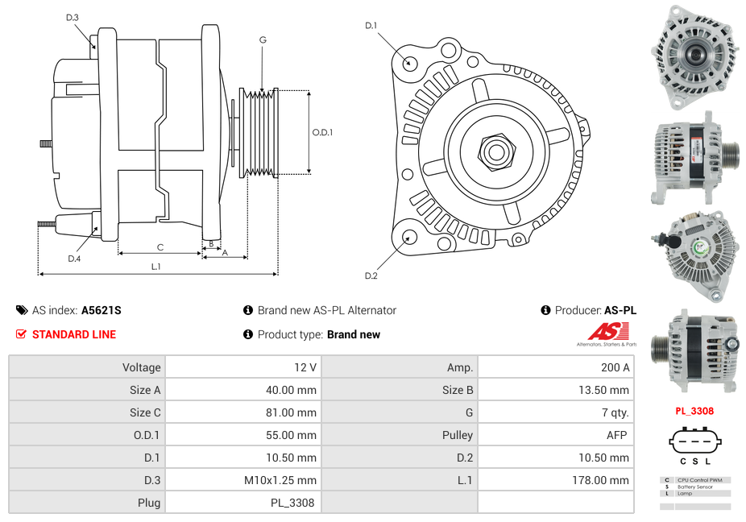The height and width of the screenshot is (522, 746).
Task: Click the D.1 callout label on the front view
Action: (x=371, y=26)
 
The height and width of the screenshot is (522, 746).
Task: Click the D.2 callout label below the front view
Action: (x=371, y=276)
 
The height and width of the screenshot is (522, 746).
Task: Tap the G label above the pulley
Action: (x=263, y=39)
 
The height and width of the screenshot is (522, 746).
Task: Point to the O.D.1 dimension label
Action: (x=323, y=132)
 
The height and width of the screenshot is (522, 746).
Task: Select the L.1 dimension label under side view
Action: (x=155, y=266)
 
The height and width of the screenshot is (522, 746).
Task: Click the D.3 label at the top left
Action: (x=73, y=17)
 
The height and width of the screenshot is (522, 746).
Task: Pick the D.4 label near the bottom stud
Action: (x=74, y=259)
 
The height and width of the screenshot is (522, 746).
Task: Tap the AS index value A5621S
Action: (x=102, y=310)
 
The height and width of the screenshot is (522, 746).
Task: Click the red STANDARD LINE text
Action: (x=73, y=334)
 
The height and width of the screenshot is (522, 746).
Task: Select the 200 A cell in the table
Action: (x=615, y=367)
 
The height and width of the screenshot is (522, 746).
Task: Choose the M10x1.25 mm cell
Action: (x=280, y=480)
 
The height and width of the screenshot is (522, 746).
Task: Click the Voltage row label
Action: (x=141, y=367)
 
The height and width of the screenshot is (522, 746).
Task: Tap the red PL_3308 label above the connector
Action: (x=694, y=411)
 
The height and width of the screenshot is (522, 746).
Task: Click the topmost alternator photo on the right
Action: (x=694, y=56)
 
